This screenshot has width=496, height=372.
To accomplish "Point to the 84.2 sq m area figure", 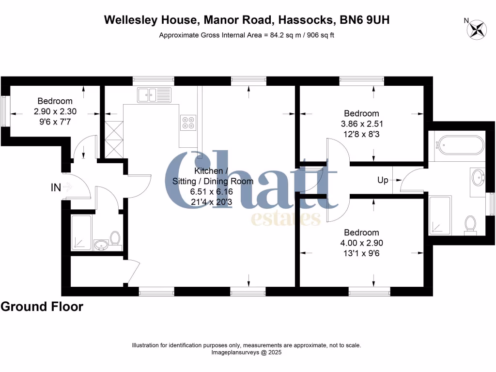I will (282, 35).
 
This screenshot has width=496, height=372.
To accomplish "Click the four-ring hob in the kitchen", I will (188, 123).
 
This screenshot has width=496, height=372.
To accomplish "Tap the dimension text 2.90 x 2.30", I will (55, 111).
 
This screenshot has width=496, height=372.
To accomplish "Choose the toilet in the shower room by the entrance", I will (115, 237).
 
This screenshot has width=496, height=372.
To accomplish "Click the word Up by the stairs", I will (383, 180).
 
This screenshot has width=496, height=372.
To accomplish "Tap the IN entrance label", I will (56, 187).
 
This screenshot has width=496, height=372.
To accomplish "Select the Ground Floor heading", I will (42, 307).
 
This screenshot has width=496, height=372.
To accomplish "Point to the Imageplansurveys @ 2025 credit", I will (247, 353).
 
